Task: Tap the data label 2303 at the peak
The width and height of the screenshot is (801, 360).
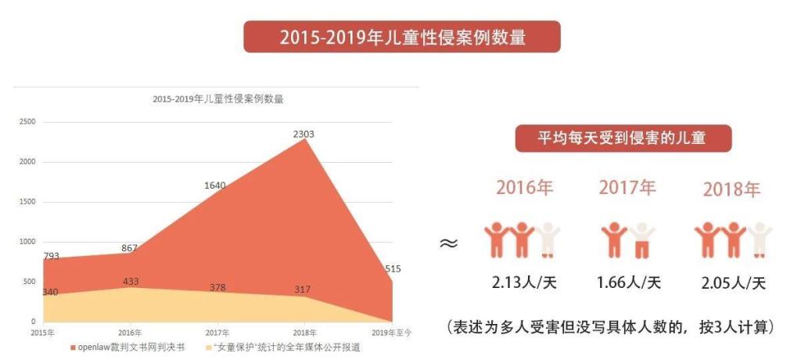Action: [x=304, y=135]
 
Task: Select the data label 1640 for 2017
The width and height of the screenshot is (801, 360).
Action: [x=214, y=185]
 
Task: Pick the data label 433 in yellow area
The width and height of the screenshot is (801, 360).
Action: [x=131, y=281]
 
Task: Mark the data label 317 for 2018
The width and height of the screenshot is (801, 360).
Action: [x=303, y=289]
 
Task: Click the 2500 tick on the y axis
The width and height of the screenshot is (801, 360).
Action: [x=27, y=122]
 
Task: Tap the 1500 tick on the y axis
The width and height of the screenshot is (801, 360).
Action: [x=27, y=202]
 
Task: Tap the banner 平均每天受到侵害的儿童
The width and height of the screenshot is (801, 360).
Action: [x=622, y=139]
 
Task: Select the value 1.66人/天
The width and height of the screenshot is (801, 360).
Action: [x=629, y=282]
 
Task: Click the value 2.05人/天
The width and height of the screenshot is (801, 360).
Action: [x=733, y=282]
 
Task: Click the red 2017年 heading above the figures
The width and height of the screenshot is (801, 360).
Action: [x=628, y=188]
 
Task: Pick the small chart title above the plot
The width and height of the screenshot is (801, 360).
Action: [x=217, y=99]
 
